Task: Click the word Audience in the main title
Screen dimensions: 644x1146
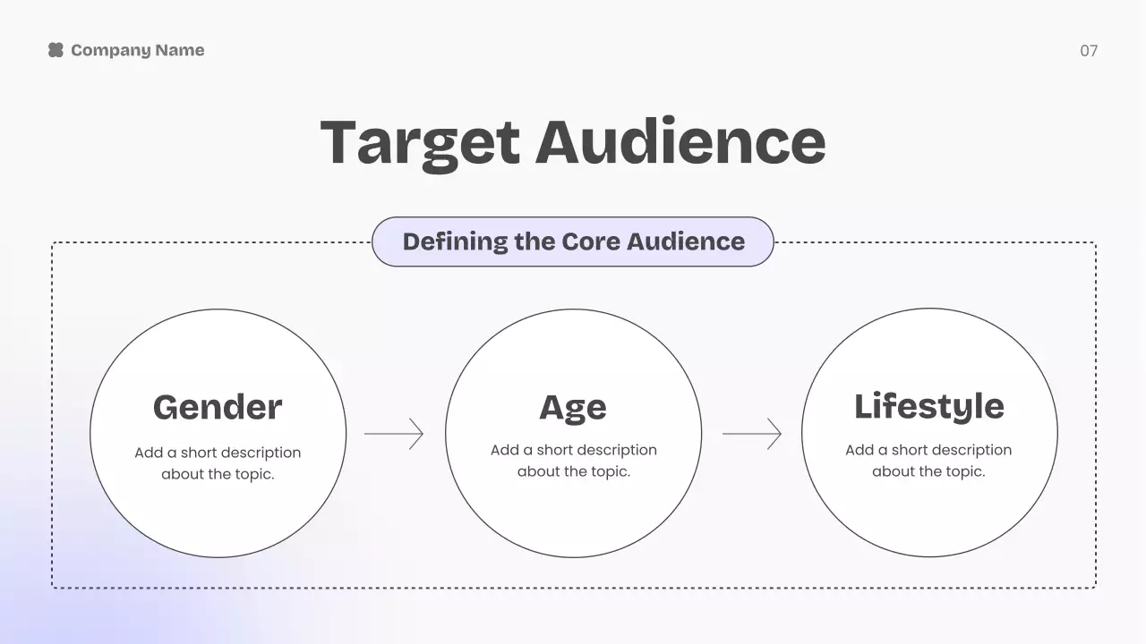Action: [x=680, y=142]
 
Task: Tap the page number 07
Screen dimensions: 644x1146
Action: [x=1089, y=51]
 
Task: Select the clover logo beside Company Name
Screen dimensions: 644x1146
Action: [x=56, y=50]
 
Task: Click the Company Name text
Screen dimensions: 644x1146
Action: [x=137, y=50]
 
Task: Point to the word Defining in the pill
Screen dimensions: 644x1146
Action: [x=455, y=241]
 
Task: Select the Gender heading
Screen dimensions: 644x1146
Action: [x=218, y=407]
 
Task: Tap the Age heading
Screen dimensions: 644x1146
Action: [x=573, y=407]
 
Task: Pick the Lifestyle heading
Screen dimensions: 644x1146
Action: [x=928, y=406]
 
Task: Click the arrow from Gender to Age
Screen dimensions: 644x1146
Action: [x=394, y=434]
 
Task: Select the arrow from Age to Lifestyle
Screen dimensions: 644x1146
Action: [x=751, y=434]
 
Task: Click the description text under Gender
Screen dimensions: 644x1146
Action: [x=218, y=463]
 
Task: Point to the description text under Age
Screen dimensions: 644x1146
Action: [x=573, y=461]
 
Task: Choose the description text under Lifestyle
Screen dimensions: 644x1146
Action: [x=928, y=461]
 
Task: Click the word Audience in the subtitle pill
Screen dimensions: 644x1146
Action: [x=685, y=241]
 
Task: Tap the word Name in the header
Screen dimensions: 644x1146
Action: [x=181, y=50]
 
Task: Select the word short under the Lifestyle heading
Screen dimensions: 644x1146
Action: [x=913, y=450]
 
